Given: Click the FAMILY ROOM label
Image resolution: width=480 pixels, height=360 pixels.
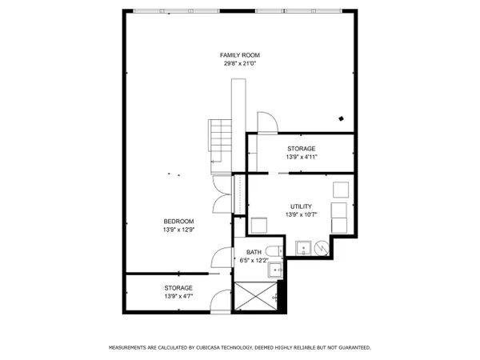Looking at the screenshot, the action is coord(240,55).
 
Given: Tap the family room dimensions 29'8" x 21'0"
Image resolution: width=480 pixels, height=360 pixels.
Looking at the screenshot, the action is coord(240,64).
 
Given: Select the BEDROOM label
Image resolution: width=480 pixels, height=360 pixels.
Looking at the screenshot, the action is coord(178,222).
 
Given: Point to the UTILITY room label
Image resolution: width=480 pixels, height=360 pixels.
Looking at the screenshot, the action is coord(301,206).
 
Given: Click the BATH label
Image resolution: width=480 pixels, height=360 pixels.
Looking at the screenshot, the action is coord(254,252).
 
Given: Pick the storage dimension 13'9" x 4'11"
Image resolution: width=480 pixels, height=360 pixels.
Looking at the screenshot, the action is coord(302,157).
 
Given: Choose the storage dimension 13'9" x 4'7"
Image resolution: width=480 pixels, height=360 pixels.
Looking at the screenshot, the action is coord(178,296).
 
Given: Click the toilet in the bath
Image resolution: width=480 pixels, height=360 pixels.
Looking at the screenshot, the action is coord(274,251).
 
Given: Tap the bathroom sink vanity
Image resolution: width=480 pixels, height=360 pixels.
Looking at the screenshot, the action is coord(275,270).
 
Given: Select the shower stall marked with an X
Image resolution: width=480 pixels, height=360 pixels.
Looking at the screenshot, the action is coord(256,296).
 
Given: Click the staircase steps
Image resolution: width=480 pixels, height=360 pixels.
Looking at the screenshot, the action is coord(221,141).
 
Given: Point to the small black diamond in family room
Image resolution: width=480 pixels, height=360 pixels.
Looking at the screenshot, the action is coord(341,118).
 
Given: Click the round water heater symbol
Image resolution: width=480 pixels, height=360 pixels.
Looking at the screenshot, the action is coord(322,248).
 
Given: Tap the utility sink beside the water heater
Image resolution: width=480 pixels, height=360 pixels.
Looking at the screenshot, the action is coord(303,248).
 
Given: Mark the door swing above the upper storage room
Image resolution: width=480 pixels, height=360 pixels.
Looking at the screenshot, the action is coord(267,122).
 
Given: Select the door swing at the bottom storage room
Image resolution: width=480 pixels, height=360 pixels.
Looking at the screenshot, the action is coord(221,301).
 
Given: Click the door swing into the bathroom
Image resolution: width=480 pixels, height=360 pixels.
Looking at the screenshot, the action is coord(222,258).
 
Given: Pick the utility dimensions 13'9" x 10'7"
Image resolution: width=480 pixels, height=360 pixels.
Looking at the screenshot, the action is coord(301,214).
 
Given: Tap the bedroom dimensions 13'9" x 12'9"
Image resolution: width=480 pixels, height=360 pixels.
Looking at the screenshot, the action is coord(178,230).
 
